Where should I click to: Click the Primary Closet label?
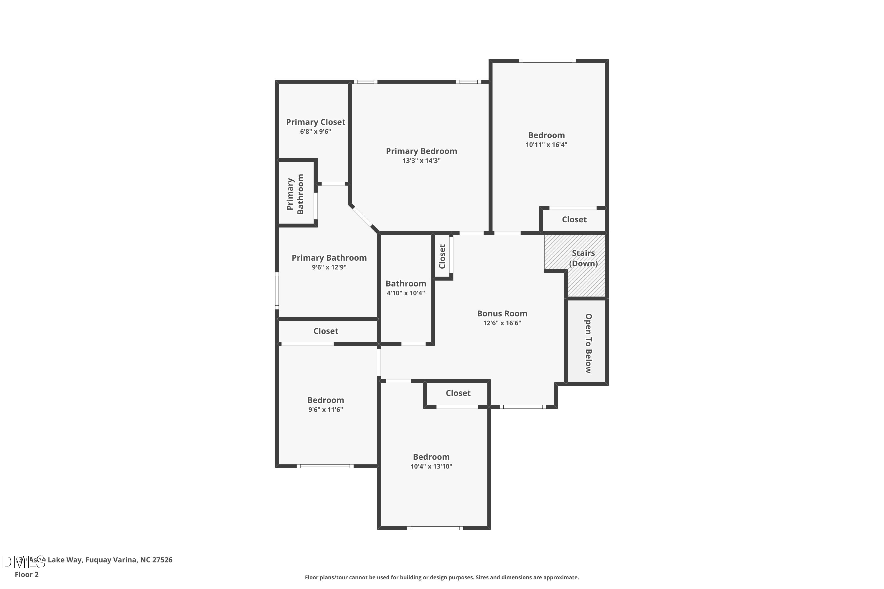pos(315,122)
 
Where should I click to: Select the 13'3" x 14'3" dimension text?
pos(421,161)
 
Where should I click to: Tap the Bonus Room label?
pos(502,313)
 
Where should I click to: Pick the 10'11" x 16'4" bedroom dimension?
pos(546,145)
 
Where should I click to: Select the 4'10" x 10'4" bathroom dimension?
pos(405,293)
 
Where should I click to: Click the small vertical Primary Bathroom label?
pos(295,194)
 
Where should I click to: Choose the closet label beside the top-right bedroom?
pos(574,219)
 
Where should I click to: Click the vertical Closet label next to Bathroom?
pos(442,256)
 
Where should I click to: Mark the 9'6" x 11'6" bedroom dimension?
pos(326,409)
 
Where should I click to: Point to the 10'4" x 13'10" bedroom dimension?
pos(431,466)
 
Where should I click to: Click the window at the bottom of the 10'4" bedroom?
pos(435,528)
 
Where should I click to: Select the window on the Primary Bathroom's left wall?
pos(277,291)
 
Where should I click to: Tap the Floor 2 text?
pos(27,574)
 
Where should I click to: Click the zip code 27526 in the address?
pos(161,560)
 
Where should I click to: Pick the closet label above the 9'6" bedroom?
pos(326,331)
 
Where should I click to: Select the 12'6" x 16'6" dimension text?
pos(502,323)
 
